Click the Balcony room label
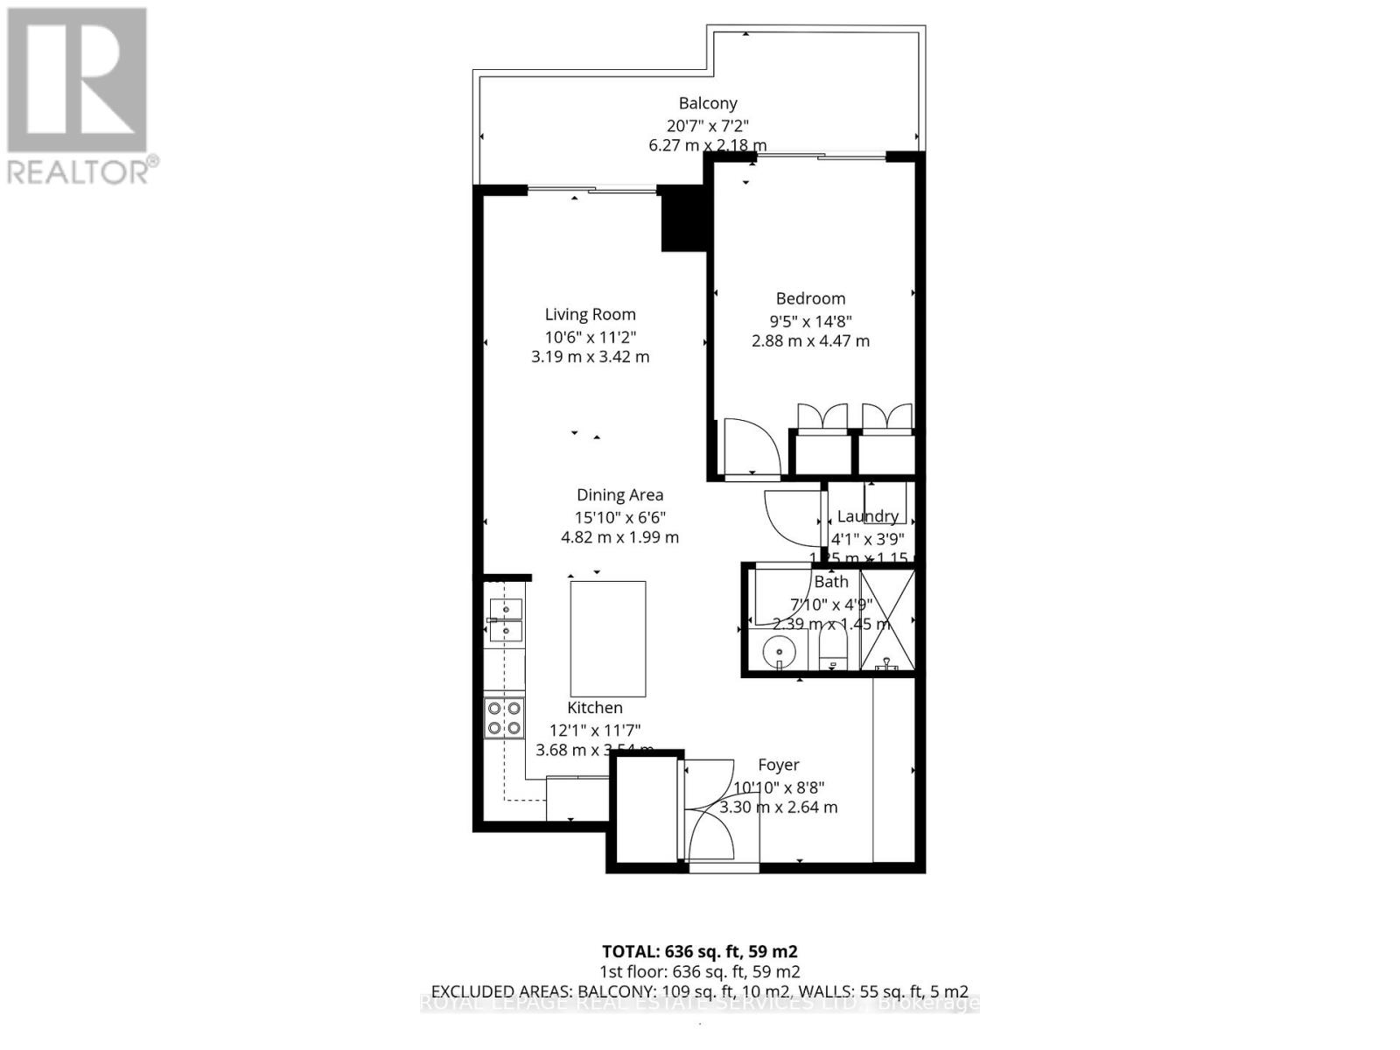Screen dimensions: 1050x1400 [x=708, y=103]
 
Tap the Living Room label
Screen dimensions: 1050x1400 [x=590, y=314]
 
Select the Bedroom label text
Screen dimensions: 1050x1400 [x=810, y=298]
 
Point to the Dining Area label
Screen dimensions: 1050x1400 [x=619, y=495]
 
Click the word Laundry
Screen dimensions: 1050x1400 [x=867, y=516]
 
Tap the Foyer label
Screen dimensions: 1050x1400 [x=778, y=765]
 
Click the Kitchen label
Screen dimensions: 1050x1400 [x=595, y=708]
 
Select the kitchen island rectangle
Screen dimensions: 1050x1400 [x=608, y=639]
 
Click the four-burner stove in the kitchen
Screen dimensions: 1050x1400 [x=504, y=718]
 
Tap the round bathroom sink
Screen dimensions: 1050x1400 [x=778, y=652]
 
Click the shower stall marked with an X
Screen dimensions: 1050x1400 [x=886, y=619]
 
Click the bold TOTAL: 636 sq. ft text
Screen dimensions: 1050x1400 [x=699, y=951]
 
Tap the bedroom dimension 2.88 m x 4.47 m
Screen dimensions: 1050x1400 [x=810, y=341]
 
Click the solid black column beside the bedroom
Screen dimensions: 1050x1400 [x=683, y=219]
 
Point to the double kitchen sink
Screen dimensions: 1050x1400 [x=506, y=618]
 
